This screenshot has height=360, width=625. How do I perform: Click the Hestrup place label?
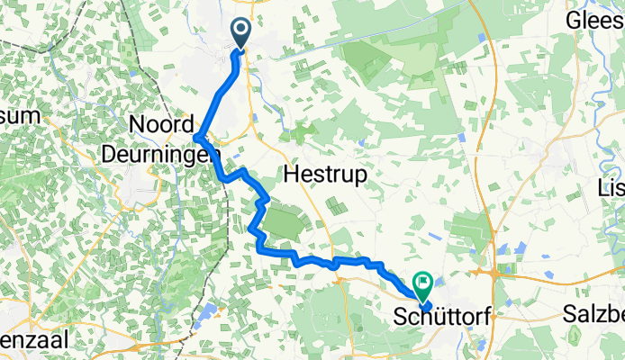pyautogui.click(x=327, y=175)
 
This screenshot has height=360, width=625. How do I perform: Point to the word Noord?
pyautogui.click(x=162, y=124)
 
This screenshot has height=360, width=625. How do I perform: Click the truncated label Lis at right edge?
pyautogui.click(x=612, y=186)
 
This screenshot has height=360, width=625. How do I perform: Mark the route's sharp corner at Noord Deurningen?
pyautogui.click(x=196, y=137)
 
